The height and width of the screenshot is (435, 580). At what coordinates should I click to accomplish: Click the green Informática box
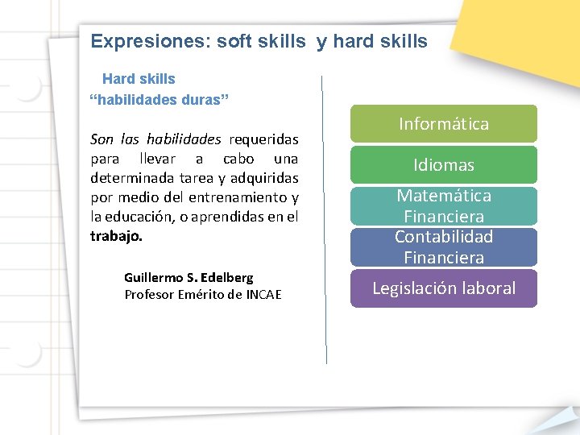(444, 124)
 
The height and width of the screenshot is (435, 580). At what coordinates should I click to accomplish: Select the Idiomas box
(444, 165)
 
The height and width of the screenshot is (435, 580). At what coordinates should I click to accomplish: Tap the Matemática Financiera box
(444, 205)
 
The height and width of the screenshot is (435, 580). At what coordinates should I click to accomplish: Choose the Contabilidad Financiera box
(444, 246)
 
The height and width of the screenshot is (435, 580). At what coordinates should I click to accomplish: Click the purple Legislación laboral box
(444, 288)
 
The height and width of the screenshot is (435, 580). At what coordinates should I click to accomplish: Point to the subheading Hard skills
(139, 79)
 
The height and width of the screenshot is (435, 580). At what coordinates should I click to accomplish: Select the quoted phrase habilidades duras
(159, 99)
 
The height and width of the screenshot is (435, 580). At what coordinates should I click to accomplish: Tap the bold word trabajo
(116, 237)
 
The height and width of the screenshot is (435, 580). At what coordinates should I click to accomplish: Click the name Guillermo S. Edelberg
(188, 277)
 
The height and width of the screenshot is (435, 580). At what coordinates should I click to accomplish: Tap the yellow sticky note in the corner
(516, 32)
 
